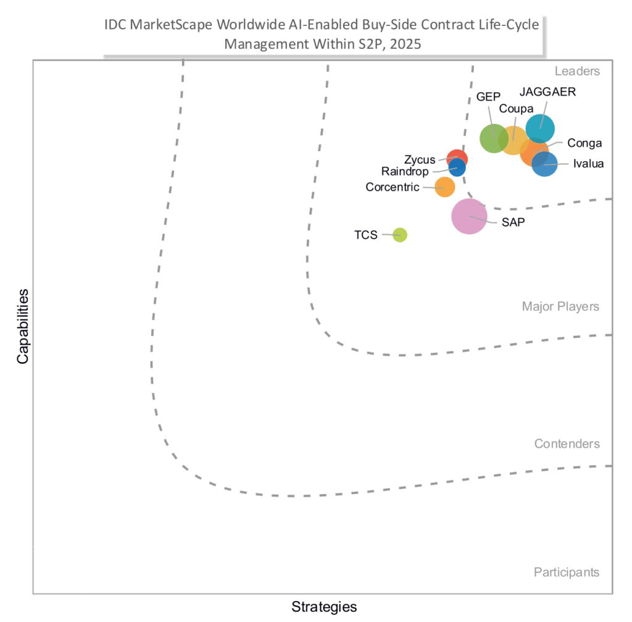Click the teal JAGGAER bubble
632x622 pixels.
[540, 128]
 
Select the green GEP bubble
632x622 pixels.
[494, 138]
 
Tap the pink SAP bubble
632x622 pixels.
[469, 216]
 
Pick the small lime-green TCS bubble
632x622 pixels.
[400, 235]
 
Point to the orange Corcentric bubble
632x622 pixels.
[445, 187]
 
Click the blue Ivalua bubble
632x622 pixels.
[544, 164]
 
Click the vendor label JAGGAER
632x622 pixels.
[547, 92]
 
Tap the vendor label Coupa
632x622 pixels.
[516, 109]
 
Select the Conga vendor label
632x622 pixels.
[584, 143]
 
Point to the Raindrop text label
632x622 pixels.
[405, 172]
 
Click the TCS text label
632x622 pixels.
[365, 235]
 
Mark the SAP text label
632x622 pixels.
[513, 222]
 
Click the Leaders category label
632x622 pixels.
[577, 71]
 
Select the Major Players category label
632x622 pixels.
[560, 306]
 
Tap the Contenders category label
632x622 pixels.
[567, 443]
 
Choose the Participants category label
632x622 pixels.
[567, 573]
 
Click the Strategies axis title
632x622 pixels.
[324, 607]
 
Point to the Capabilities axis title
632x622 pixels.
[23, 326]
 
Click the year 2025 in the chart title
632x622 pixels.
[405, 44]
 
